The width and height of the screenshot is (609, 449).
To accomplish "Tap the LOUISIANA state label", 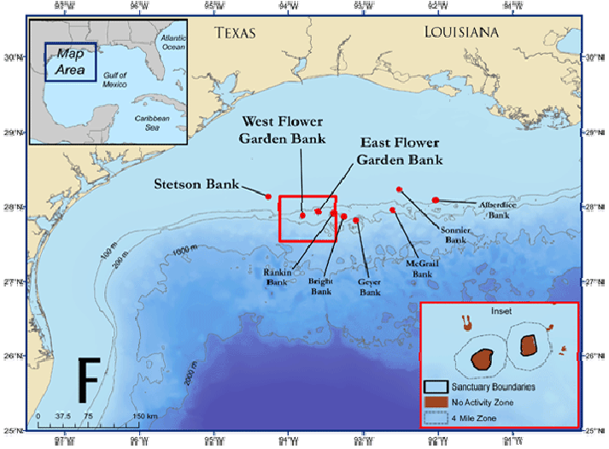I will click(461, 32).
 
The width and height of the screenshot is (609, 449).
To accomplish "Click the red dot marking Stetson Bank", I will click(269, 197).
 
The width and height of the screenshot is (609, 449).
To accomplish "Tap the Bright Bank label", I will click(320, 286).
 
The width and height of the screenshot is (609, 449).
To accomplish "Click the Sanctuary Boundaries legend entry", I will click(487, 387).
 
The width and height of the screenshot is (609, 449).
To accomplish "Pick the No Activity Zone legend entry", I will click(480, 402).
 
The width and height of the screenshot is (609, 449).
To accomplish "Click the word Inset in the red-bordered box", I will click(500, 311).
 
